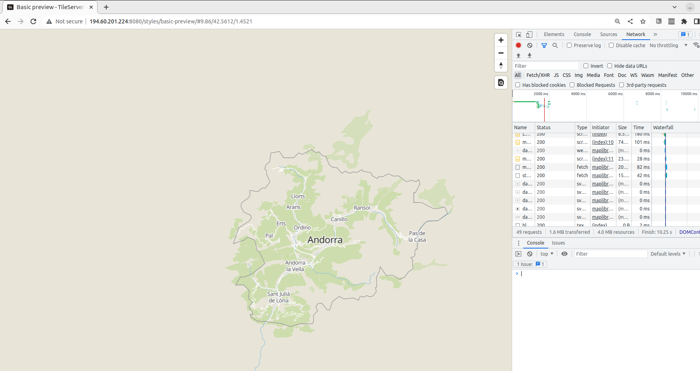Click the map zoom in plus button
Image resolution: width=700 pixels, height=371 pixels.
[501, 40]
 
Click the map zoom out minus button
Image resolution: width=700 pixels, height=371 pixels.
[501, 53]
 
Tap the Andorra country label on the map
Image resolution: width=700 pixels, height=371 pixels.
[325, 240]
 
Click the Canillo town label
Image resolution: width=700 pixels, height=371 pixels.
[339, 219]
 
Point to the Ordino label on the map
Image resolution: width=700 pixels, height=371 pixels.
[302, 228]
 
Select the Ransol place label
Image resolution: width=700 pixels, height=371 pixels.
[361, 208]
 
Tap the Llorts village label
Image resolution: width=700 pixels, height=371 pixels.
[298, 196]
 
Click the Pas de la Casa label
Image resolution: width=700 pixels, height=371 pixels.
[417, 237]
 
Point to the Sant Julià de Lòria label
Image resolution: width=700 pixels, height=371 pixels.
[278, 297]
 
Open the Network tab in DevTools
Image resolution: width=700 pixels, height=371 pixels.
[635, 34]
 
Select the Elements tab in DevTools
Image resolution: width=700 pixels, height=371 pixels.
[554, 34]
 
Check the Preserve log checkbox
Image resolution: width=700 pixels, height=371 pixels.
[569, 45]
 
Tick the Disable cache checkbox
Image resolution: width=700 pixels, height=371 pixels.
[611, 45]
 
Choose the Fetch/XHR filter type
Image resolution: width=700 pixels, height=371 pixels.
[538, 75]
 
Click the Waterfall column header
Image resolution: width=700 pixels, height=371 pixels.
[663, 128]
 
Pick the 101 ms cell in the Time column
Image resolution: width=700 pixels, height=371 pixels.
[642, 142]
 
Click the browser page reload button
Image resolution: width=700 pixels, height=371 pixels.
[33, 21]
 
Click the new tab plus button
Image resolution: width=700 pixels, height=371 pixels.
[106, 7]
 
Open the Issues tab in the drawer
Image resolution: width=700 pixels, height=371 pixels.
[558, 243]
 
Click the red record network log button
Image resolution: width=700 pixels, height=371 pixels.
[518, 45]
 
